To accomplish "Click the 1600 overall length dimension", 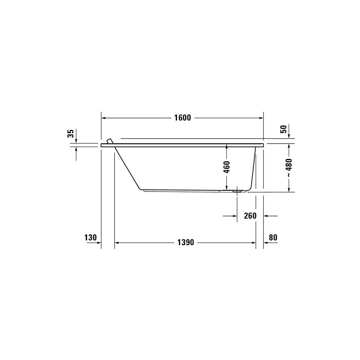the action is (x=183, y=118).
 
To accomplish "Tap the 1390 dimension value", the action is (x=186, y=242).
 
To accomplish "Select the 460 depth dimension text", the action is (x=226, y=167).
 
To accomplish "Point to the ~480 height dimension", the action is (x=289, y=168).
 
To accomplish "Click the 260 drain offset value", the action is (x=250, y=216).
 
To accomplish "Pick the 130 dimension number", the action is (x=90, y=237).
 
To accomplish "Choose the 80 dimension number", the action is (x=273, y=237).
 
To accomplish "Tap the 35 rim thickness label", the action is (x=71, y=134).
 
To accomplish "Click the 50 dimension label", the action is (x=284, y=129).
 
